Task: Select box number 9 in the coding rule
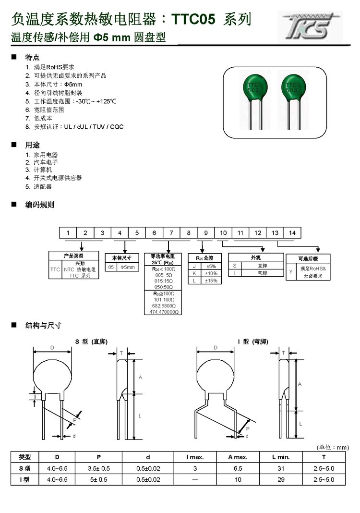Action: (x=206, y=233)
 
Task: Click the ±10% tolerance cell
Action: (x=211, y=273)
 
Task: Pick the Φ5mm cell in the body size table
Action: (x=130, y=267)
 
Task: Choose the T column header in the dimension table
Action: (x=324, y=457)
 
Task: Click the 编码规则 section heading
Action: (x=40, y=205)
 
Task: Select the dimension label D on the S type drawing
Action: (x=52, y=347)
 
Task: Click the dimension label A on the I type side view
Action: (x=300, y=384)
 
